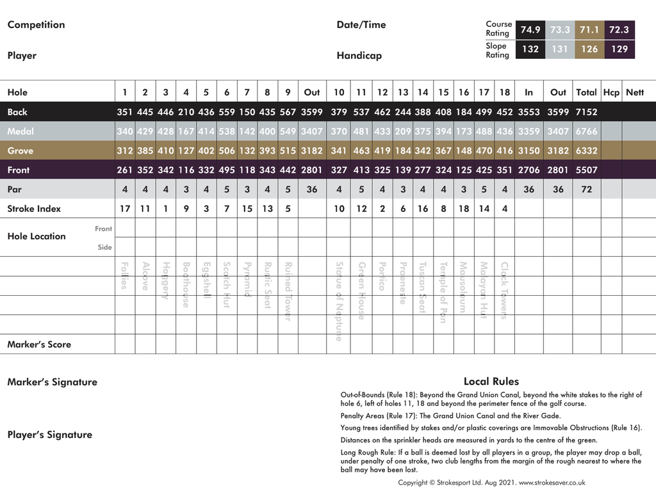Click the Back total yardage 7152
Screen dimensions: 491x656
point(586,112)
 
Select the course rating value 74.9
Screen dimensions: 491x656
point(530,29)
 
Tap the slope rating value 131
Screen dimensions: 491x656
point(560,49)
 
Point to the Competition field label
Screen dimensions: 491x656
point(36,25)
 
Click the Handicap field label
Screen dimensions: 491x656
point(359,56)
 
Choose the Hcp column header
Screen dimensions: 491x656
point(611,92)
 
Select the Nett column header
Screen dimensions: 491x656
point(635,92)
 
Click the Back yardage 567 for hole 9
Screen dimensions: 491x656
point(288,112)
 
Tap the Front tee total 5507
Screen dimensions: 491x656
point(586,170)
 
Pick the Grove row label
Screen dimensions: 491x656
point(20,151)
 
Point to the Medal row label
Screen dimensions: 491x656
point(20,131)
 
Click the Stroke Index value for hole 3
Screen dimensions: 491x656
point(165,209)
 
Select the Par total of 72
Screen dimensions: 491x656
point(586,189)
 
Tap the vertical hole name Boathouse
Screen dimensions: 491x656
point(186,285)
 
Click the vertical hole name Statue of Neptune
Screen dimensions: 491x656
point(339,301)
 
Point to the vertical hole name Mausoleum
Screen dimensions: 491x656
point(463,287)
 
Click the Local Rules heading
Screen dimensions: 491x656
point(491,382)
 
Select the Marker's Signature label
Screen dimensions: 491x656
point(53,382)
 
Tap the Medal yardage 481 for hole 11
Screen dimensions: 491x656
point(361,131)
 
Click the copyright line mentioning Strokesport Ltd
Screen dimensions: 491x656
point(491,483)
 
